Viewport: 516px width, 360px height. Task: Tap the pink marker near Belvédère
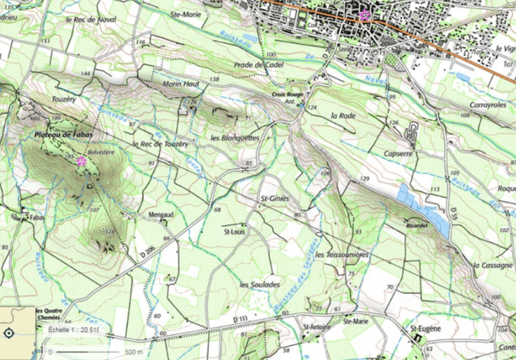tap(82, 162)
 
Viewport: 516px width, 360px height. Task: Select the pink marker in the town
tap(364, 16)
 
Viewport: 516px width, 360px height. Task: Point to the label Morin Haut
tap(181, 84)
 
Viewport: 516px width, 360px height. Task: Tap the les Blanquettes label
tap(235, 138)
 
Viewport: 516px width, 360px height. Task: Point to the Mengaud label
tap(161, 216)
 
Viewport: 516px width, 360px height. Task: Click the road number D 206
tap(147, 250)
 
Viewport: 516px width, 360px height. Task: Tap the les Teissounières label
tap(342, 255)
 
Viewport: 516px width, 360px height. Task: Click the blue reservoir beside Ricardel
tap(424, 209)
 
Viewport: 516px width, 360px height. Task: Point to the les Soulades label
tap(259, 285)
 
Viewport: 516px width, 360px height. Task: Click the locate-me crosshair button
tap(9, 334)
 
